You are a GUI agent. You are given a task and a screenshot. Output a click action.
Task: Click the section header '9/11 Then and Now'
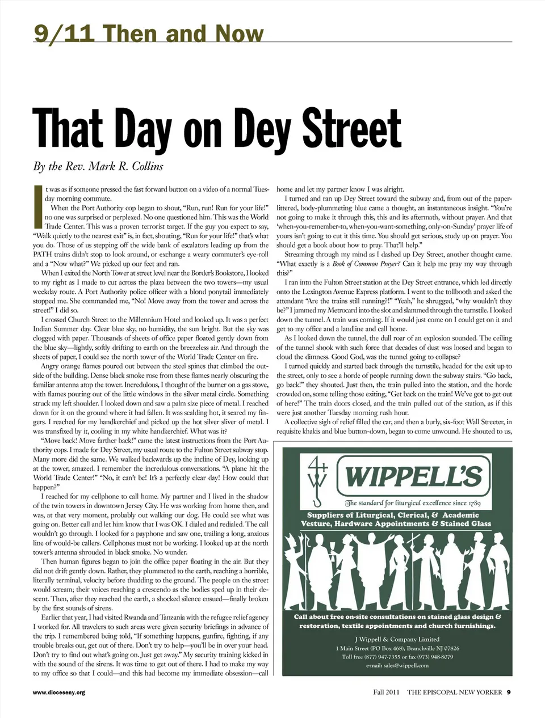[149, 34]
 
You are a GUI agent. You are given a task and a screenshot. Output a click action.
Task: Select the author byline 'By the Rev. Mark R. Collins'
[98, 166]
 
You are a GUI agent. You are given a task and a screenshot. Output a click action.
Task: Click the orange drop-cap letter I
[37, 201]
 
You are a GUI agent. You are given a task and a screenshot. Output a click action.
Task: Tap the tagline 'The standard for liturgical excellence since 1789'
[413, 503]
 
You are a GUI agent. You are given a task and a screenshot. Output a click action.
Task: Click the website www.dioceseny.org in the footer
[58, 692]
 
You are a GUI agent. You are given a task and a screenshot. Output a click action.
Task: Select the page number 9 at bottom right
[509, 692]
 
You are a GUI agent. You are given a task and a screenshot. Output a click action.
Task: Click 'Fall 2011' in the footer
[386, 692]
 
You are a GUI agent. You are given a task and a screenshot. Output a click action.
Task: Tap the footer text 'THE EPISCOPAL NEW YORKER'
[455, 692]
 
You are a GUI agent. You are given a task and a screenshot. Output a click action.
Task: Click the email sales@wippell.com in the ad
[397, 665]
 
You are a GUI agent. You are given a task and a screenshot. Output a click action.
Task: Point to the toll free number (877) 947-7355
[380, 657]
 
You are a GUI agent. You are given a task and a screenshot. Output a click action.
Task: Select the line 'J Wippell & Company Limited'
[397, 639]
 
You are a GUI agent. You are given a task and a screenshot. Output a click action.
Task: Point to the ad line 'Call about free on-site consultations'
[397, 616]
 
